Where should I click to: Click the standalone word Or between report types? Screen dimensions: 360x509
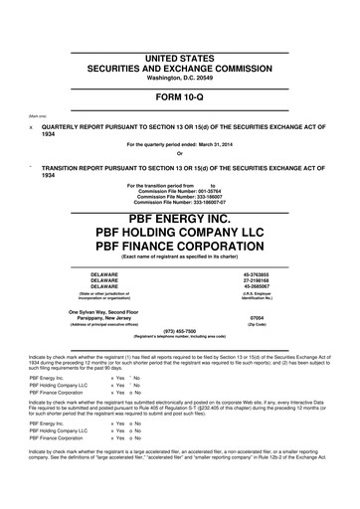coord(180,152)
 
